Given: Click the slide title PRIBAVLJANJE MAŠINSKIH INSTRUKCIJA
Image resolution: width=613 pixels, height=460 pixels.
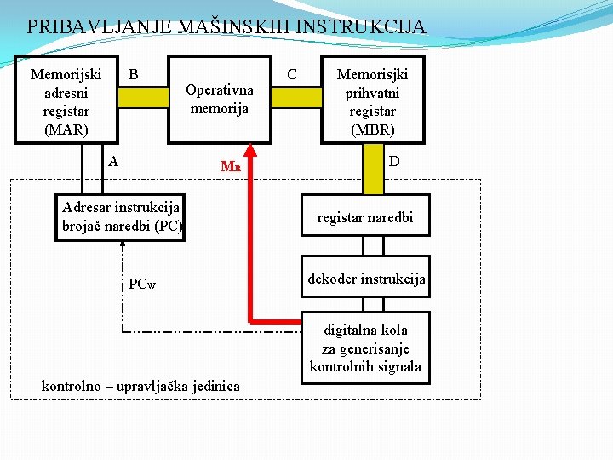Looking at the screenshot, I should (x=226, y=26).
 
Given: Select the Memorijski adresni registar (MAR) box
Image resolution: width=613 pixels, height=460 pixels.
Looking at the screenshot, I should (x=66, y=101).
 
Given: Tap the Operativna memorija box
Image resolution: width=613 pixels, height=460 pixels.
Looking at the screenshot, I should (x=220, y=99).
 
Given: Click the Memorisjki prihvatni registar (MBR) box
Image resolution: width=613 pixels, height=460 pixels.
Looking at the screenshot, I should (x=371, y=101).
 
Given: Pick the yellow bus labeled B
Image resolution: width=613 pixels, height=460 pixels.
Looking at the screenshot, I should (x=143, y=97).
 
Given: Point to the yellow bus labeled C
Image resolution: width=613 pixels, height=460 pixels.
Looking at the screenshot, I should (x=296, y=97).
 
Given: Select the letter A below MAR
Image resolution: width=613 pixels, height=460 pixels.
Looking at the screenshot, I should (x=113, y=159).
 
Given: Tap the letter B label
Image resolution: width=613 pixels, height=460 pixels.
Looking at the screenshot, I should (x=133, y=74).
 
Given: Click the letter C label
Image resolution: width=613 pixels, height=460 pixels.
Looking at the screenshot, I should (x=292, y=74).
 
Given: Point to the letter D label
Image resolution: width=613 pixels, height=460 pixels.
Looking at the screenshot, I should (x=395, y=160).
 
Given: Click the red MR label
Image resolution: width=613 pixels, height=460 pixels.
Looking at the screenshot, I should (x=230, y=167).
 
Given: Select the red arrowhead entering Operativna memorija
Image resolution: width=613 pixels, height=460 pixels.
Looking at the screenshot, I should (x=250, y=150).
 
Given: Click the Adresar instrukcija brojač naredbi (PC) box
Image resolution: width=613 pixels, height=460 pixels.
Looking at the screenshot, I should (x=121, y=217).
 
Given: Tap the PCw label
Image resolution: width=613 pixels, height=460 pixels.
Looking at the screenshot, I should (x=142, y=284).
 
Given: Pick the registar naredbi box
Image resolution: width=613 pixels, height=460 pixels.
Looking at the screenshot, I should (x=364, y=217).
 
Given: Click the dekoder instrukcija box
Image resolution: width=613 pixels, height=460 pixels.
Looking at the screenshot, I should (x=366, y=278).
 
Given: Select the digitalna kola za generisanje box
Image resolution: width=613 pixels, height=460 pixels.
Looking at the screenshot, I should (x=365, y=348).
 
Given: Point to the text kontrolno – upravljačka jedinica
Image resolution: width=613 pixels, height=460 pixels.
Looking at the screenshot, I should (x=140, y=387).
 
